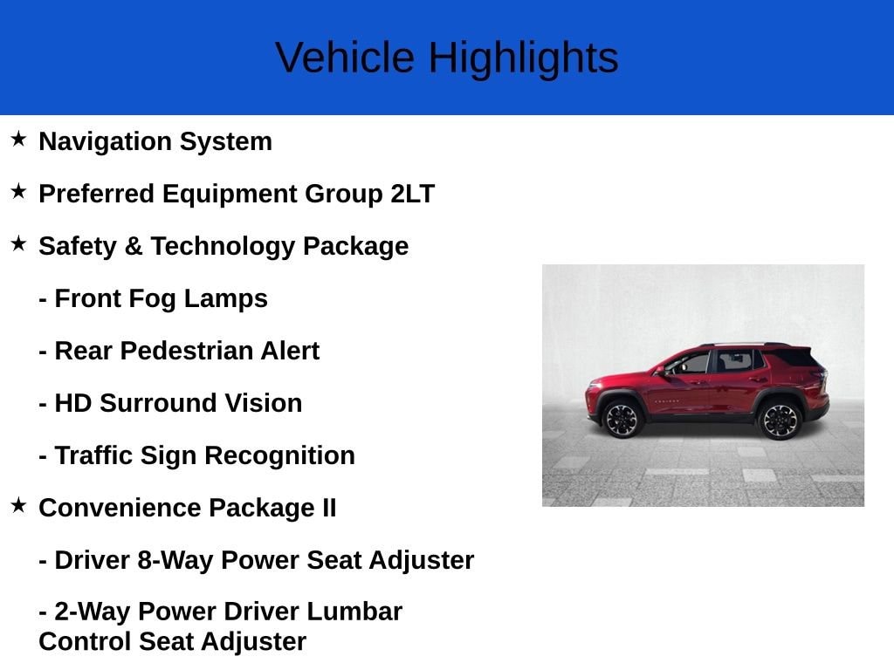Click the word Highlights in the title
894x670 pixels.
pos(523,58)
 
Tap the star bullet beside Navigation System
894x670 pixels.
pos(18,140)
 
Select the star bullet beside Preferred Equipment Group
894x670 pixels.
pos(18,192)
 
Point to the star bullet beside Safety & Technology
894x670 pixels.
pos(18,244)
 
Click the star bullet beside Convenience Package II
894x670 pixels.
pos(18,506)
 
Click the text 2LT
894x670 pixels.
pos(412,194)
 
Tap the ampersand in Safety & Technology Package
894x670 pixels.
pos(134,246)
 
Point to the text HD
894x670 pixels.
pos(72,403)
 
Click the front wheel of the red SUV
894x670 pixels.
pos(622,419)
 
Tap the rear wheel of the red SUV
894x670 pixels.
pos(780,420)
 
